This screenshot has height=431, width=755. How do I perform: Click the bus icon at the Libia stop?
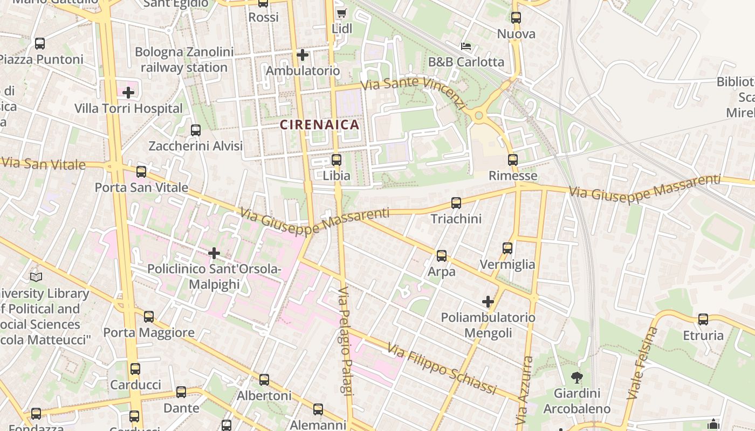point(337,160)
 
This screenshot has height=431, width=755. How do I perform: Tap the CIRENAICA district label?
point(319,125)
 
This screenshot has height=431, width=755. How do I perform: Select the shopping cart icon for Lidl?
point(341,13)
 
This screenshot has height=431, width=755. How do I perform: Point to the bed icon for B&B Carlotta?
point(466,46)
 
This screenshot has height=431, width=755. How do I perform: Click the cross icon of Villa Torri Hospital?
point(128,93)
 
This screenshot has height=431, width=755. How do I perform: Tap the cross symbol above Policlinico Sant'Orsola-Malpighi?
point(214,253)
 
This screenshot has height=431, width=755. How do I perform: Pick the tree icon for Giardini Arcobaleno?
point(576,378)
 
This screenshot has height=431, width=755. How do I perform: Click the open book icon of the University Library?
point(36,277)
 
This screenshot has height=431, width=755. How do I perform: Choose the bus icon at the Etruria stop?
point(703,319)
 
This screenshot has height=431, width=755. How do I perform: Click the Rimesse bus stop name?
point(513,176)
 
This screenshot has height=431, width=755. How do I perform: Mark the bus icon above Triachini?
point(456,203)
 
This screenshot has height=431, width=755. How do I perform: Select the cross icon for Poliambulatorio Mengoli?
point(488,302)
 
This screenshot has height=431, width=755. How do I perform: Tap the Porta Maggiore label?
point(149,332)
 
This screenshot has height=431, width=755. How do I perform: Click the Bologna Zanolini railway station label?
point(184,60)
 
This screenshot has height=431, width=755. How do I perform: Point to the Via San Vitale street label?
point(43,163)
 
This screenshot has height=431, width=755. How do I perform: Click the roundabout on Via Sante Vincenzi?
point(478,115)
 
